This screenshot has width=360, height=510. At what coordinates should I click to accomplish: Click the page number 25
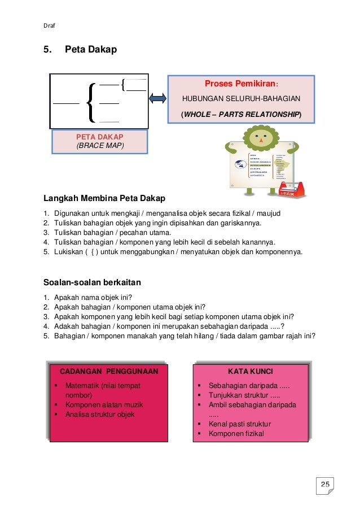click(x=326, y=484)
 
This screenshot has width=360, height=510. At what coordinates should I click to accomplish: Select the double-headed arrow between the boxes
click(x=159, y=99)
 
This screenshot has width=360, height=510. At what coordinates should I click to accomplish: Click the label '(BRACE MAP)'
click(x=100, y=145)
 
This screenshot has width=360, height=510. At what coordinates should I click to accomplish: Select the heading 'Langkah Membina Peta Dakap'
click(x=105, y=198)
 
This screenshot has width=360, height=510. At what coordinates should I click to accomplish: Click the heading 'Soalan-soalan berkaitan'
click(x=92, y=282)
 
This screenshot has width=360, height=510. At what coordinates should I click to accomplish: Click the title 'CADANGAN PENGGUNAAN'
click(x=109, y=371)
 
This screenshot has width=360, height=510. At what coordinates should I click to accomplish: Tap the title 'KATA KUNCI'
click(x=250, y=371)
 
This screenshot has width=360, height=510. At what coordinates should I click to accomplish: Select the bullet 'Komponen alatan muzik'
click(x=104, y=405)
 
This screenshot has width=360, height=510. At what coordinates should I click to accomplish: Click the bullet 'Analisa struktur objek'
click(x=100, y=415)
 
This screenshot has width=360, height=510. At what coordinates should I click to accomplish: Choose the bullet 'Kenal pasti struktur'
click(x=239, y=424)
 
